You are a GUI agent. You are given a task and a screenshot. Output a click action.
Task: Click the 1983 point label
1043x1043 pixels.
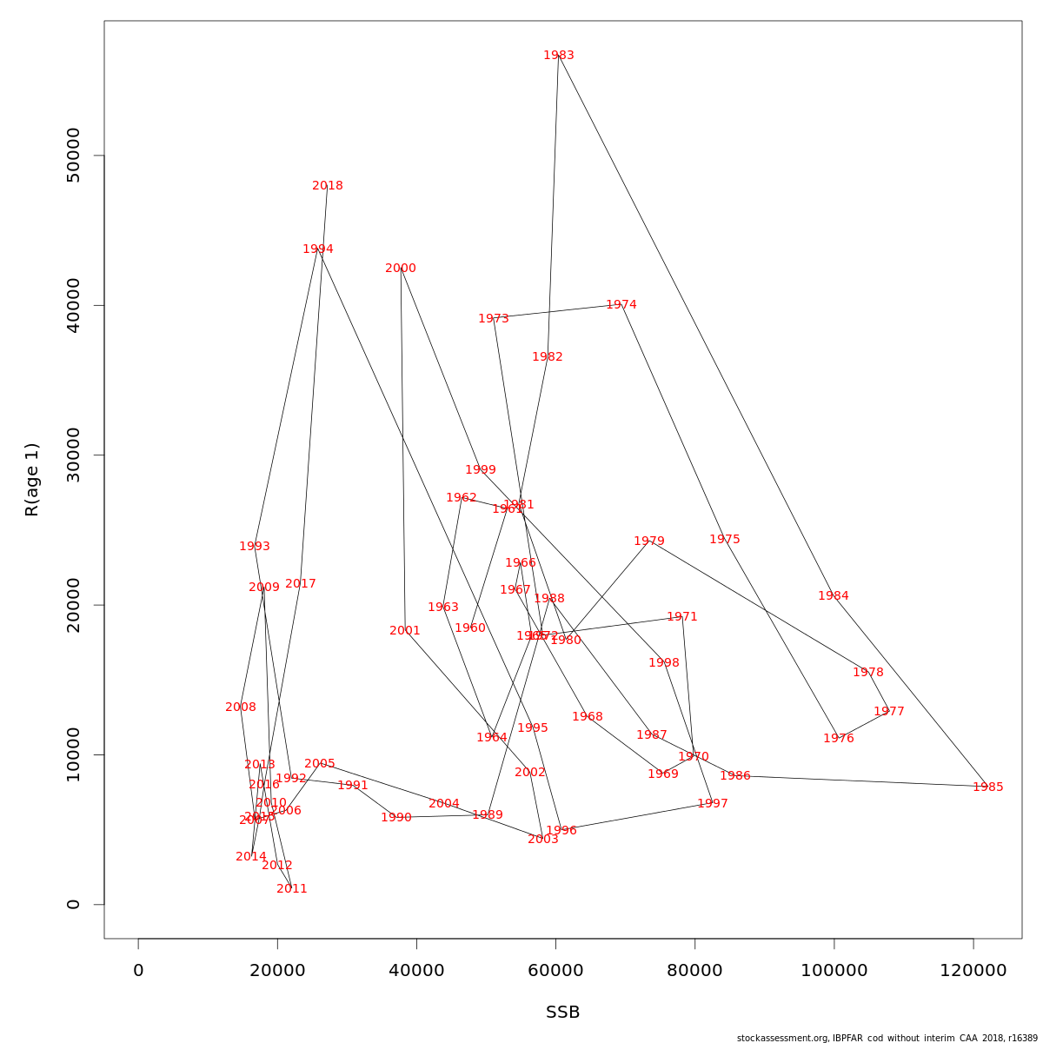tap(559, 56)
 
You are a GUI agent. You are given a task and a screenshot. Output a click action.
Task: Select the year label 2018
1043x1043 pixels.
tap(328, 186)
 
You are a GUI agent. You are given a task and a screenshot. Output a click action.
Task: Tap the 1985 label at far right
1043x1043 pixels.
tap(987, 787)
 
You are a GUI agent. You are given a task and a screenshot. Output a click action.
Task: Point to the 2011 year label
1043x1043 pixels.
tap(292, 889)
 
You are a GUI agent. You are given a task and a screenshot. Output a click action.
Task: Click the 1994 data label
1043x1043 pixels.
tap(318, 249)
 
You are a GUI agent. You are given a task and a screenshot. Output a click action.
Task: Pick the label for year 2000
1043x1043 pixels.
tap(401, 269)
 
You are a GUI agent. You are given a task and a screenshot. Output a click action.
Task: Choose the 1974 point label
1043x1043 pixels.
tap(621, 305)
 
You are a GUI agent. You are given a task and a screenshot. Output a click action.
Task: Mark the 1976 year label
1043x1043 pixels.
tap(839, 739)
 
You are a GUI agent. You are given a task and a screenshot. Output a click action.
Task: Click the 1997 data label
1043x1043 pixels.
tap(713, 804)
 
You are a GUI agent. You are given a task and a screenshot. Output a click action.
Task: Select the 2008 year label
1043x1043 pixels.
tap(241, 708)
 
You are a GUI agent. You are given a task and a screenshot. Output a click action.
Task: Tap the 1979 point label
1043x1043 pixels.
tap(649, 541)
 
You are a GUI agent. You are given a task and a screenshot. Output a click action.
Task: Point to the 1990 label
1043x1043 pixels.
tap(396, 818)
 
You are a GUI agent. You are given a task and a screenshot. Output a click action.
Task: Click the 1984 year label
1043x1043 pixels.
tap(834, 596)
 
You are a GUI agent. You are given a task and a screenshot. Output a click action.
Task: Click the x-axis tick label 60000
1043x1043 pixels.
tap(555, 970)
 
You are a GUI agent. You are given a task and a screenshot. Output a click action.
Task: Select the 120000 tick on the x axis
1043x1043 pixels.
tap(973, 970)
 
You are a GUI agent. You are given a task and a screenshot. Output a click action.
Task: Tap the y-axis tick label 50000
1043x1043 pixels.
tap(73, 156)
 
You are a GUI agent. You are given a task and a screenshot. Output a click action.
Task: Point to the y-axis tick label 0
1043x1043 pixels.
tap(73, 904)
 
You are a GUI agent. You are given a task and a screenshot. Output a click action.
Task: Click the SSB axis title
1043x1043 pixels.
tap(562, 1013)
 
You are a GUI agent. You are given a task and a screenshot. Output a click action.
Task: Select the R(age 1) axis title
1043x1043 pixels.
tap(32, 480)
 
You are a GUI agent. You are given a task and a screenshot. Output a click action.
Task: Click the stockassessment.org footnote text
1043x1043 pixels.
tap(887, 1038)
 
